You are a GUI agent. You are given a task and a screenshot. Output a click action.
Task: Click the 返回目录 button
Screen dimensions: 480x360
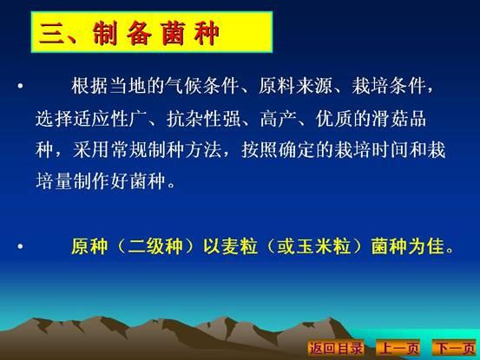(x=336, y=348)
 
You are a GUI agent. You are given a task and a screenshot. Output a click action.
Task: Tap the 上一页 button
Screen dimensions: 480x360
(x=398, y=348)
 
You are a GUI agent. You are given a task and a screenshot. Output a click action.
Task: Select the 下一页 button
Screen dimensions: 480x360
(x=455, y=348)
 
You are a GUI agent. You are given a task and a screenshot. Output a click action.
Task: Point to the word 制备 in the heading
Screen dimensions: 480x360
(x=122, y=33)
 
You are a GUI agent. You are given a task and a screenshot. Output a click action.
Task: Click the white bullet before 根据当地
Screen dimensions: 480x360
(x=20, y=86)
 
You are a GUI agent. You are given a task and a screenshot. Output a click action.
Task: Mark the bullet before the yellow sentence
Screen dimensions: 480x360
(x=20, y=245)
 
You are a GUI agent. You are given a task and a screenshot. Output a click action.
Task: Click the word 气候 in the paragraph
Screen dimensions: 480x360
(x=184, y=86)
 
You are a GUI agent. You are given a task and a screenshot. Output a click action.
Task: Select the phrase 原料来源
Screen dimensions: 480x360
(x=295, y=86)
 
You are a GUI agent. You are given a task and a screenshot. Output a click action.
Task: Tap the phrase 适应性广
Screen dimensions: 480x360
(x=91, y=119)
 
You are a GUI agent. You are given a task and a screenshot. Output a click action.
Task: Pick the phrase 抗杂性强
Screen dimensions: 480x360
(x=204, y=119)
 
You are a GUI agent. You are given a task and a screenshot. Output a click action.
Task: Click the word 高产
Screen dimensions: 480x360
(x=279, y=119)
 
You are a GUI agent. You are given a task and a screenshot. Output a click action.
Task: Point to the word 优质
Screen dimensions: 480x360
(x=334, y=119)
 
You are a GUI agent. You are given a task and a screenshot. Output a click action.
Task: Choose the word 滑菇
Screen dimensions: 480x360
(x=390, y=119)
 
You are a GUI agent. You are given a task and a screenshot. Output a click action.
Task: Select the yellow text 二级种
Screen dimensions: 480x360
(x=155, y=245)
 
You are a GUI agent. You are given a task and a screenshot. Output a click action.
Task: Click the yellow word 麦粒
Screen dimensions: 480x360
(x=240, y=245)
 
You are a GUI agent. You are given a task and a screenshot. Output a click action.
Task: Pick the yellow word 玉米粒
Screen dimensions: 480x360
(x=323, y=245)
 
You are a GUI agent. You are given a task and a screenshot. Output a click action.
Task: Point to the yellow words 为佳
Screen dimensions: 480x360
(x=426, y=245)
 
